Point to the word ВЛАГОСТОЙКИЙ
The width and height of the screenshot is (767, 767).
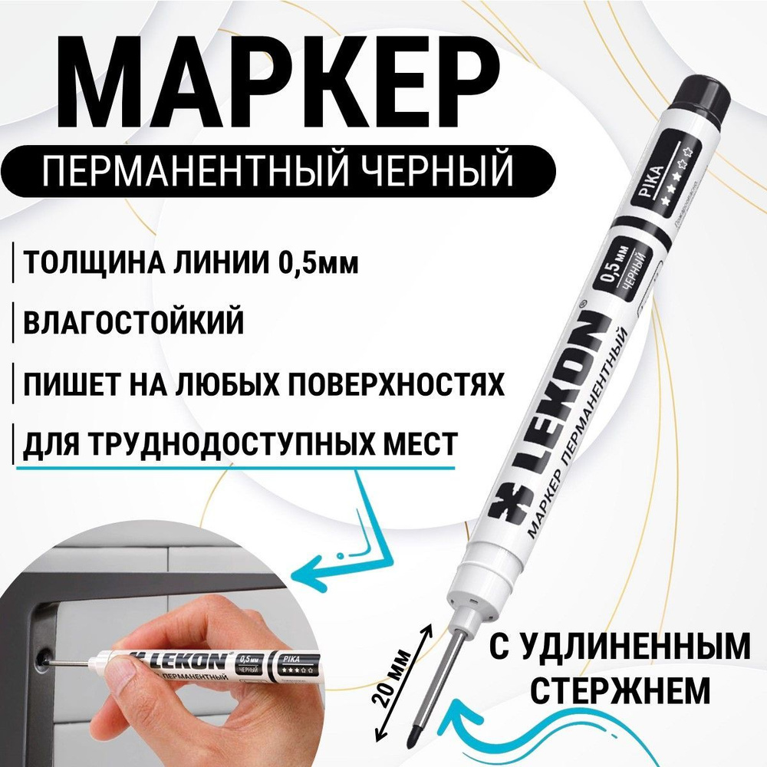135,322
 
